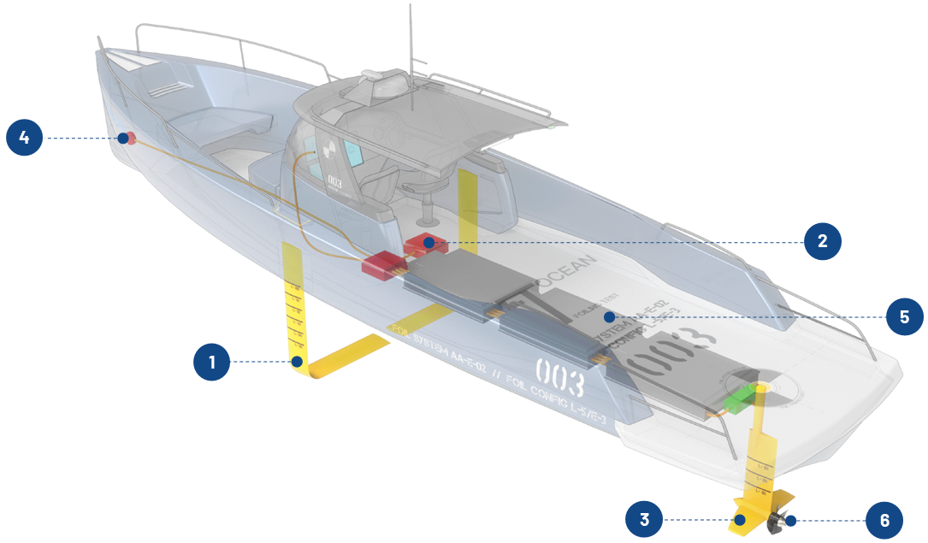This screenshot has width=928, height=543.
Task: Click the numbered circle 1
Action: click(212, 363)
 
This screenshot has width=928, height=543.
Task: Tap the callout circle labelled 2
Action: click(823, 242)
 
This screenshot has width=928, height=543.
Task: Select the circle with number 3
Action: click(645, 519)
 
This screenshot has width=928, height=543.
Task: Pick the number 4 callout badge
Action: click(25, 138)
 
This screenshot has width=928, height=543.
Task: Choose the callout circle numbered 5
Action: click(904, 316)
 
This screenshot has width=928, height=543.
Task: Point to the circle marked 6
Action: click(885, 519)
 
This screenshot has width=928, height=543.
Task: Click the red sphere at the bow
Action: click(131, 138)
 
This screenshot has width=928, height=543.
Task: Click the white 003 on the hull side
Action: click(559, 374)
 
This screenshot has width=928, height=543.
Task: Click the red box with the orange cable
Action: click(381, 266)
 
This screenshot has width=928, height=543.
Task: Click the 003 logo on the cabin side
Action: click(335, 183)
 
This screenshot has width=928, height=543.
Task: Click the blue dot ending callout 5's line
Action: click(609, 316)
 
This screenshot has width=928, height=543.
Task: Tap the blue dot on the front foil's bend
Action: click(297, 362)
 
